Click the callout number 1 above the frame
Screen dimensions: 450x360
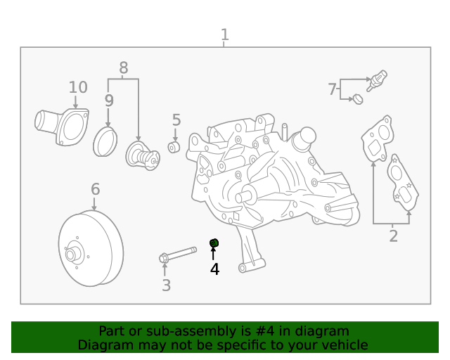(x=225, y=34)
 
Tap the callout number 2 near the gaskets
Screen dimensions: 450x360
(x=394, y=236)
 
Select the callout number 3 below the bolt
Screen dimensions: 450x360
(x=166, y=285)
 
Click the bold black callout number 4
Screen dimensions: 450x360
(x=214, y=269)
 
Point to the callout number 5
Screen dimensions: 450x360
(x=176, y=120)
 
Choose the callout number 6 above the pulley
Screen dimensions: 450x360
(x=96, y=189)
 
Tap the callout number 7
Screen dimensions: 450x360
(x=332, y=89)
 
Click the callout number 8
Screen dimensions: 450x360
(x=124, y=68)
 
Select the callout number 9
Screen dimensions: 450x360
(x=109, y=101)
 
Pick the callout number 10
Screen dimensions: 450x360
(x=78, y=87)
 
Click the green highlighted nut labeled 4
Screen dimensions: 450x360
(x=214, y=243)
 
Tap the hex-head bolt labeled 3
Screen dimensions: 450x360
(x=178, y=255)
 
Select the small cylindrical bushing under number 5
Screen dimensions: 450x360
(x=174, y=147)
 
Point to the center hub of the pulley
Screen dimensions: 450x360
(x=70, y=255)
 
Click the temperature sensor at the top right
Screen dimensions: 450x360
(x=377, y=80)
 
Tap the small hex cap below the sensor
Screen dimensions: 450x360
(x=358, y=99)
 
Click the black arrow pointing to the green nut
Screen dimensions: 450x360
(x=213, y=254)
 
